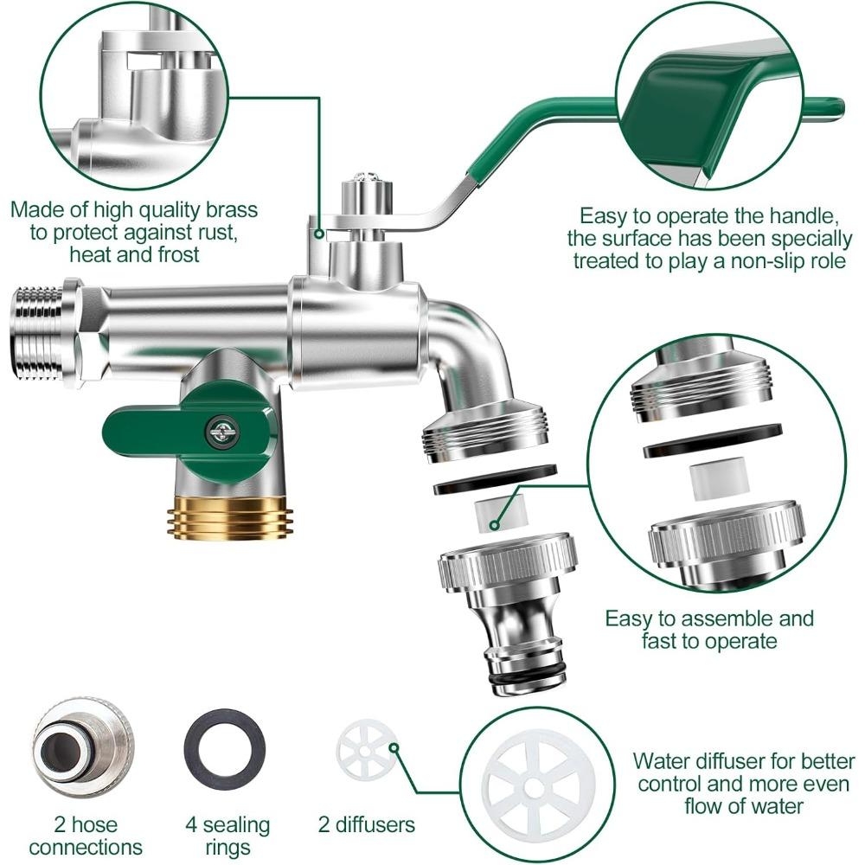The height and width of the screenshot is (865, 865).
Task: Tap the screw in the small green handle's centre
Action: [222, 429]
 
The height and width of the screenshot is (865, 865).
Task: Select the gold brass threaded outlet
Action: [228, 517]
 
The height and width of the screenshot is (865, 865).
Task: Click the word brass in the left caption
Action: [230, 210]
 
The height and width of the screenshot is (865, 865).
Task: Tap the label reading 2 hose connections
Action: [85, 836]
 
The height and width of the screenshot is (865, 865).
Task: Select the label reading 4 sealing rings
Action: [228, 836]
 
